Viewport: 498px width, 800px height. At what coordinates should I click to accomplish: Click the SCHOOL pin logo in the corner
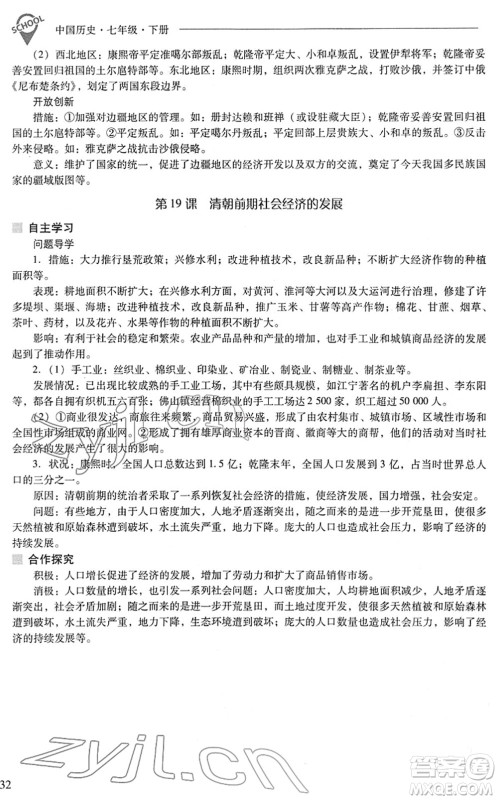click(x=21, y=21)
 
